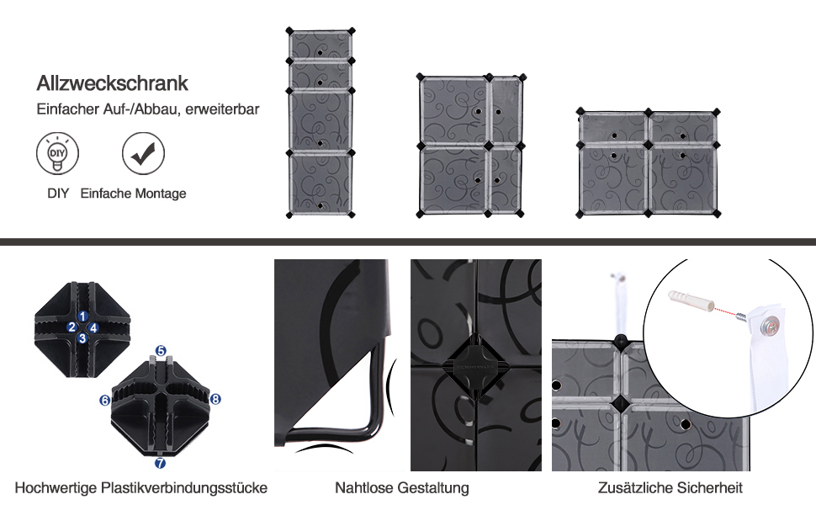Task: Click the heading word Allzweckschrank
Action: (x=112, y=84)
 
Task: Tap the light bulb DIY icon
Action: (x=57, y=153)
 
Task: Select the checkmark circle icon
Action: (x=143, y=153)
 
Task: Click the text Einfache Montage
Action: (x=134, y=194)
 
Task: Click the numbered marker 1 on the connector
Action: (x=83, y=316)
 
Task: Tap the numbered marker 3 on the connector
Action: (x=82, y=338)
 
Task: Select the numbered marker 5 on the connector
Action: (x=161, y=350)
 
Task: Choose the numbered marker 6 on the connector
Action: (x=105, y=401)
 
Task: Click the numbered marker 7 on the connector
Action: (x=160, y=462)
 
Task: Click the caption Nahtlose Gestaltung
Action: (x=402, y=487)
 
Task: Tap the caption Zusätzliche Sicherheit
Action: (x=670, y=487)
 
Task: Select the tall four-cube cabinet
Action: (x=320, y=122)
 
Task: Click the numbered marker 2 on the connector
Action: (x=73, y=327)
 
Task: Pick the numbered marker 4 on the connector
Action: (x=93, y=327)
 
